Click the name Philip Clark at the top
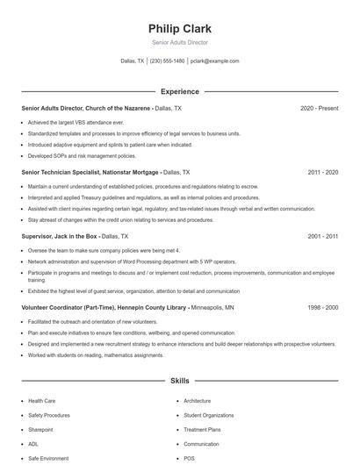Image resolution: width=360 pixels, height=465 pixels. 180,28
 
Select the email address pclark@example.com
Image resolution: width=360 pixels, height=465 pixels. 215,61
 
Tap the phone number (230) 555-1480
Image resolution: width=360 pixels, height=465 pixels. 167,61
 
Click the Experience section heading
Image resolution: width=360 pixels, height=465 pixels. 180,91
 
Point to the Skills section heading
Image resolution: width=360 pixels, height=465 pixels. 180,382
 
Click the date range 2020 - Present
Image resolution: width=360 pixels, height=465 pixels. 319,108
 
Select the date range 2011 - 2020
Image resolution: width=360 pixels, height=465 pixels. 323,173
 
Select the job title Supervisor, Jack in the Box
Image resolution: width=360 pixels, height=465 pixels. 60,237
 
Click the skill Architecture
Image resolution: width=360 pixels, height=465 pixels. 197,401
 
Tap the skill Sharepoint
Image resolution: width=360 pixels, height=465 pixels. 41,431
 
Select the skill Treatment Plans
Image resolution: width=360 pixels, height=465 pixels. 201,431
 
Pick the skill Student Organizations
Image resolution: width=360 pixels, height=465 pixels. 208,415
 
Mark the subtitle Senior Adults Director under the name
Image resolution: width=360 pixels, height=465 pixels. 180,43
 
